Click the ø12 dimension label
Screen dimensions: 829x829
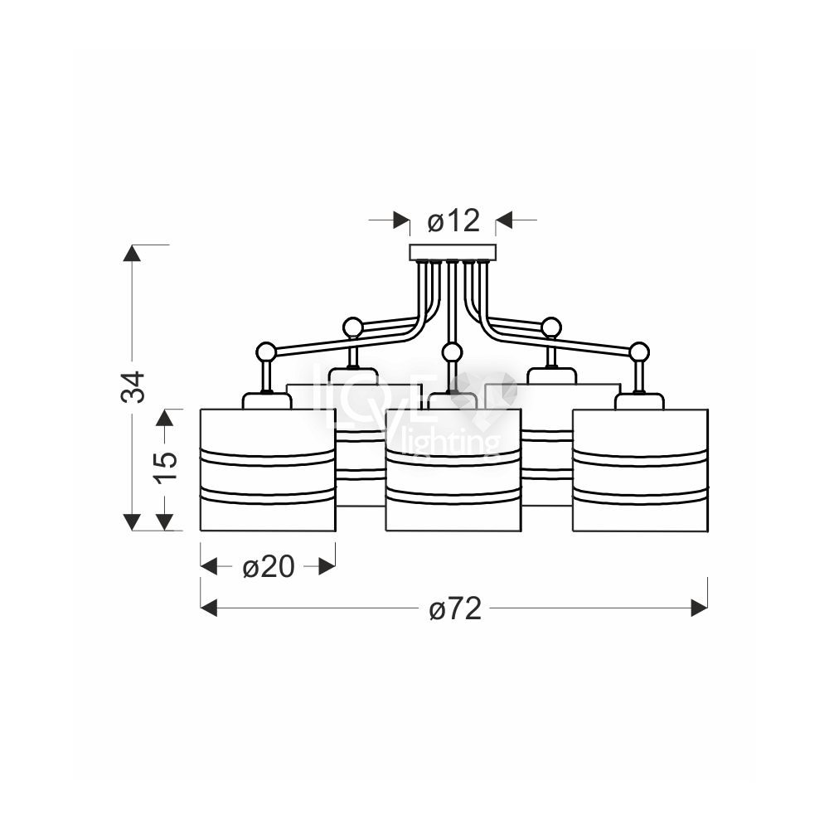tap(453, 221)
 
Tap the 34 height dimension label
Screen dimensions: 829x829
tap(133, 387)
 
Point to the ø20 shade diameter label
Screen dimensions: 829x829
tap(268, 567)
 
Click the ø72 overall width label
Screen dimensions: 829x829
tap(455, 608)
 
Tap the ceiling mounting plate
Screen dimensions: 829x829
tap(453, 252)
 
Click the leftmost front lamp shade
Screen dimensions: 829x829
tap(268, 469)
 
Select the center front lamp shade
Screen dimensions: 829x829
tap(453, 469)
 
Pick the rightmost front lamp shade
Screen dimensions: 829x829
tap(640, 469)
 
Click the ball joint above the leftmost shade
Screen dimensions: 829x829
tap(265, 351)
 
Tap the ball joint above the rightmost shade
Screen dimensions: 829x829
tap(640, 351)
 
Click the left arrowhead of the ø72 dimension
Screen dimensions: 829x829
tap(209, 608)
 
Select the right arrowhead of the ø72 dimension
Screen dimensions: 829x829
tap(700, 608)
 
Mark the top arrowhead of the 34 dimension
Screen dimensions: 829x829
tap(132, 253)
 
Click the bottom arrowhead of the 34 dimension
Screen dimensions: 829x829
tap(132, 522)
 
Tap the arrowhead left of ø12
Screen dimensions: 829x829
tap(401, 220)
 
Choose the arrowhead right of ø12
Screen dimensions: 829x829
tap(504, 220)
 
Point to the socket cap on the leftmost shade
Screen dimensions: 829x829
tap(267, 400)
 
